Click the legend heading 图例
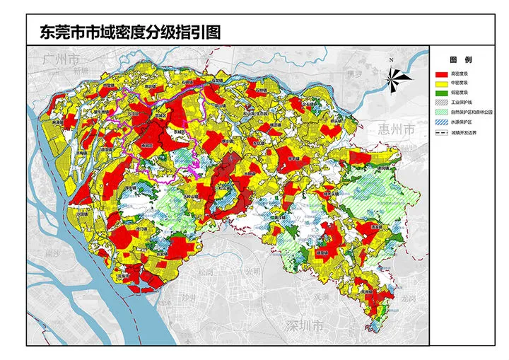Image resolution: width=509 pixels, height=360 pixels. [x=460, y=61]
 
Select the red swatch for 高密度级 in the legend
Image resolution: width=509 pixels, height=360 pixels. [x=442, y=73]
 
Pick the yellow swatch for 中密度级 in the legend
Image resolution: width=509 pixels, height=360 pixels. [x=442, y=83]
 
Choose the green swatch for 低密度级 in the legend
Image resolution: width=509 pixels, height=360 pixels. [x=442, y=93]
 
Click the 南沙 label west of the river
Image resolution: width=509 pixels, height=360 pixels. [x=51, y=252]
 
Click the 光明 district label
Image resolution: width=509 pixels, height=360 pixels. [x=252, y=272]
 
